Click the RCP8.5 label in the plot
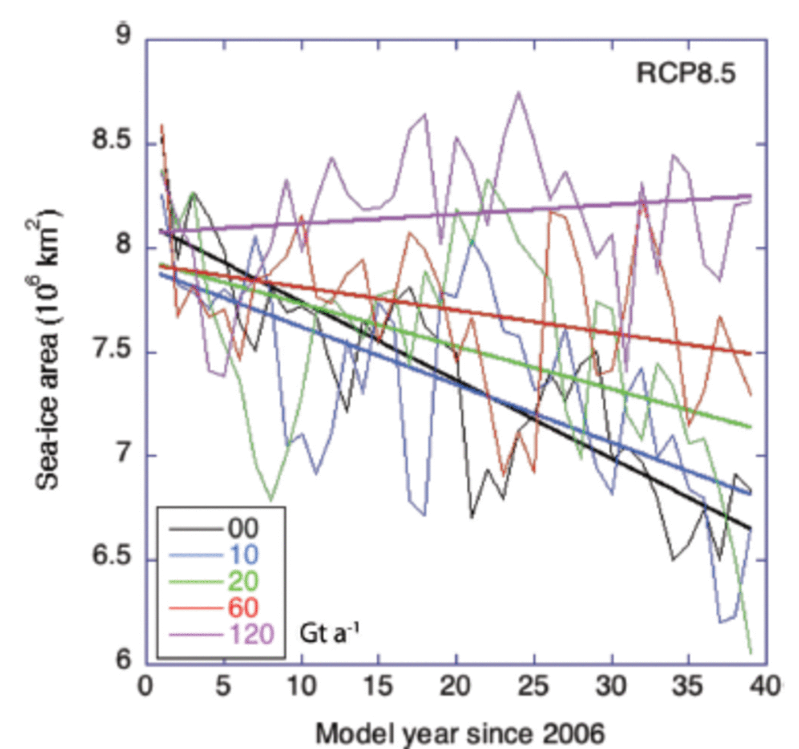point(686,74)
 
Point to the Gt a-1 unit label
point(329,633)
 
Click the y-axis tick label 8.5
point(112,140)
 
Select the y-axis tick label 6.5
point(112,556)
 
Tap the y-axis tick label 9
point(123,35)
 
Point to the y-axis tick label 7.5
point(112,349)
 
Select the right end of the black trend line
point(750,528)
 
